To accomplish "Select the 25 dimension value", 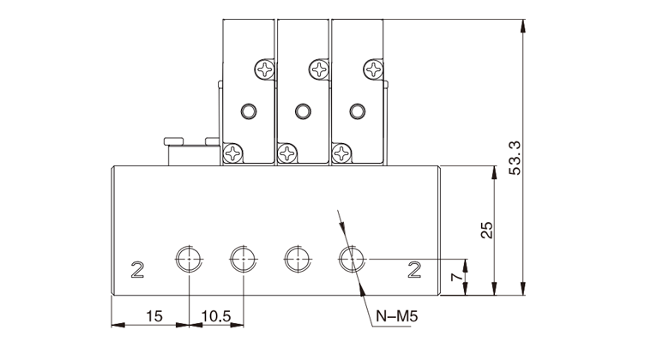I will click(x=486, y=230).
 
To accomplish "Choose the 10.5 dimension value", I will click(x=216, y=315).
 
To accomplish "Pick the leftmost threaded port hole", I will click(x=189, y=257).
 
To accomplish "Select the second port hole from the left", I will click(x=242, y=257).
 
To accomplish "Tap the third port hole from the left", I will click(x=296, y=257).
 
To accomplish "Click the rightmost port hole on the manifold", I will click(x=350, y=257).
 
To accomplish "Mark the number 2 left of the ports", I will click(x=136, y=271).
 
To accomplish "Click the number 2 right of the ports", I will click(x=414, y=271).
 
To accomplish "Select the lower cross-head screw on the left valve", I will click(x=232, y=153).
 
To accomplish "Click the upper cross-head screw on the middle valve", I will click(x=319, y=68).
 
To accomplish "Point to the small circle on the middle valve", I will click(x=302, y=111).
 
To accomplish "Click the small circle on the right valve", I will click(x=356, y=111).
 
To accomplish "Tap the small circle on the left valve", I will click(x=248, y=111).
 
